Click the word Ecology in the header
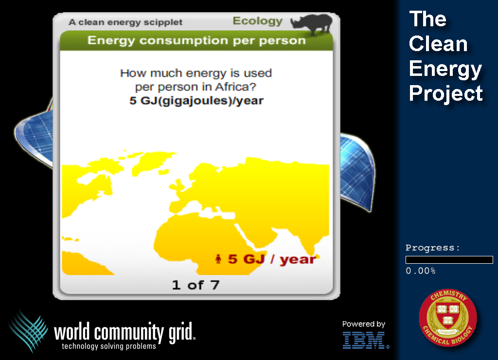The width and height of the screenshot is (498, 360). (258, 21)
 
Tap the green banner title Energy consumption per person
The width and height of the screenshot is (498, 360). (196, 41)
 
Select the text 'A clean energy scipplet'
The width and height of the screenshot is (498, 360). (125, 22)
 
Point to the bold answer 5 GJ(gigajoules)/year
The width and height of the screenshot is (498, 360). (196, 101)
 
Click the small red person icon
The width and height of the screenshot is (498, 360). (218, 259)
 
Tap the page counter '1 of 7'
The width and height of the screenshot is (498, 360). (196, 285)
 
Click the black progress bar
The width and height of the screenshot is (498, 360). (449, 260)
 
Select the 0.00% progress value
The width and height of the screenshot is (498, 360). (421, 270)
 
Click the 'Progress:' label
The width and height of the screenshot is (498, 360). (432, 248)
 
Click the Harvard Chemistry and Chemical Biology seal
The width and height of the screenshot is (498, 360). (448, 317)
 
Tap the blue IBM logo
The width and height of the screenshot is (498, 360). (365, 341)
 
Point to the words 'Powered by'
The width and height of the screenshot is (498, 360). (364, 324)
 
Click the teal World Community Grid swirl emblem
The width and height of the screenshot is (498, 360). (29, 331)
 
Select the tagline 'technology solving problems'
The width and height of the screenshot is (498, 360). (109, 346)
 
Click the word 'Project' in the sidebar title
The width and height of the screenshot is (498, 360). (446, 93)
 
